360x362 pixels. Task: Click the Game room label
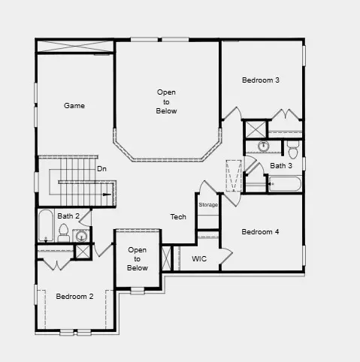[x=74, y=106]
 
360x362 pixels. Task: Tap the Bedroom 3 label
[x=261, y=80]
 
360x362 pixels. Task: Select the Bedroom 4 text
[x=260, y=232]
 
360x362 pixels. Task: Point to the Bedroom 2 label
[x=74, y=296]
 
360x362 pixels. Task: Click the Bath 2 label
[x=67, y=216]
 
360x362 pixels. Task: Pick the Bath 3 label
[x=281, y=165]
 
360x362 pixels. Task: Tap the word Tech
[x=178, y=216]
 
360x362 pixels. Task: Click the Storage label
[x=208, y=204]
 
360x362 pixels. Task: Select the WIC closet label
[x=199, y=258]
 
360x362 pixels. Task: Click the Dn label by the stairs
[x=101, y=169]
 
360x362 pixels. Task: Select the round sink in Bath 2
[x=82, y=236]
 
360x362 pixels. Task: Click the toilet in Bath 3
[x=293, y=144]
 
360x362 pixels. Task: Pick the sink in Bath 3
[x=264, y=146]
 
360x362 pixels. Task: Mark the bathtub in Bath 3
[x=285, y=183]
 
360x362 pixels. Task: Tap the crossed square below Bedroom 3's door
[x=256, y=128]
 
